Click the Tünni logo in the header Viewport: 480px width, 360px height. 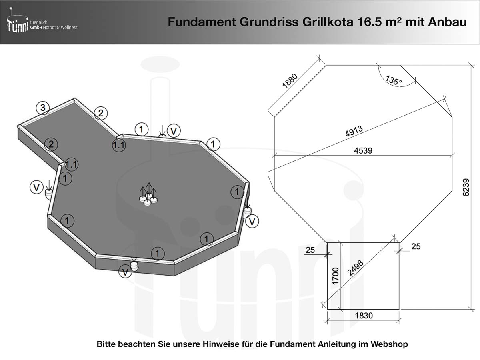18,24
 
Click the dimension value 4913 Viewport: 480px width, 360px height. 354,131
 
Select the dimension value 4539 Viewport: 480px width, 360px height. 363,151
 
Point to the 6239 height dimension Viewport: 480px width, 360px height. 465,187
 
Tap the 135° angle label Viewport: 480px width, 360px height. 394,80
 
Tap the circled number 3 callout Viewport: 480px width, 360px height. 43,108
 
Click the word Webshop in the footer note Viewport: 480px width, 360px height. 389,344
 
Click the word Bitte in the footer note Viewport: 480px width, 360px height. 107,344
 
